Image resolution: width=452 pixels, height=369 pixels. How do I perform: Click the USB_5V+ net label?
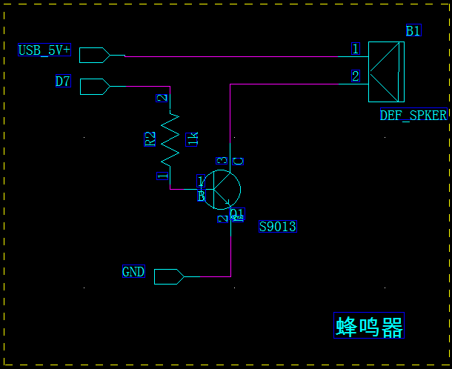(44, 50)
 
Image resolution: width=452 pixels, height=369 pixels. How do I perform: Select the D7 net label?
(63, 82)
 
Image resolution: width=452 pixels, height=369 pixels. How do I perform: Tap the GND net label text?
(133, 272)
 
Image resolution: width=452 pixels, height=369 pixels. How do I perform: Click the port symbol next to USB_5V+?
(94, 55)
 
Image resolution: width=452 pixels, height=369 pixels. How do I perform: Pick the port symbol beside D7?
(94, 86)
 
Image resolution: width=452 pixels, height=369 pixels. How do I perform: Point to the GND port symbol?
(169, 276)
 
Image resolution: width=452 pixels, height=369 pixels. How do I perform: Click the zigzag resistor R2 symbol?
(170, 138)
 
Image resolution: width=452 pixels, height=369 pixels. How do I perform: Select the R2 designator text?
(150, 139)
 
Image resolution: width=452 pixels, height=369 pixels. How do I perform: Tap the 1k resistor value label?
(193, 138)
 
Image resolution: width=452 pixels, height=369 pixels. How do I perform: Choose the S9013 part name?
(278, 227)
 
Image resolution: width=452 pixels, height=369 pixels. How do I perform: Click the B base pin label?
(201, 196)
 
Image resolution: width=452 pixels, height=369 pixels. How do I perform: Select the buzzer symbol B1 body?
(386, 71)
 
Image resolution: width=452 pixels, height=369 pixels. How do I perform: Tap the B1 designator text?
(413, 30)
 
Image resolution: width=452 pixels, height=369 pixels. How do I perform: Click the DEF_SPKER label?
(413, 116)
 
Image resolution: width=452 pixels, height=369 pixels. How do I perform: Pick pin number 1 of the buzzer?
(356, 49)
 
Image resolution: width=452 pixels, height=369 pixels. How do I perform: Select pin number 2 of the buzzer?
(356, 76)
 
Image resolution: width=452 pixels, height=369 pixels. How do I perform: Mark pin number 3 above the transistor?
(221, 161)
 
